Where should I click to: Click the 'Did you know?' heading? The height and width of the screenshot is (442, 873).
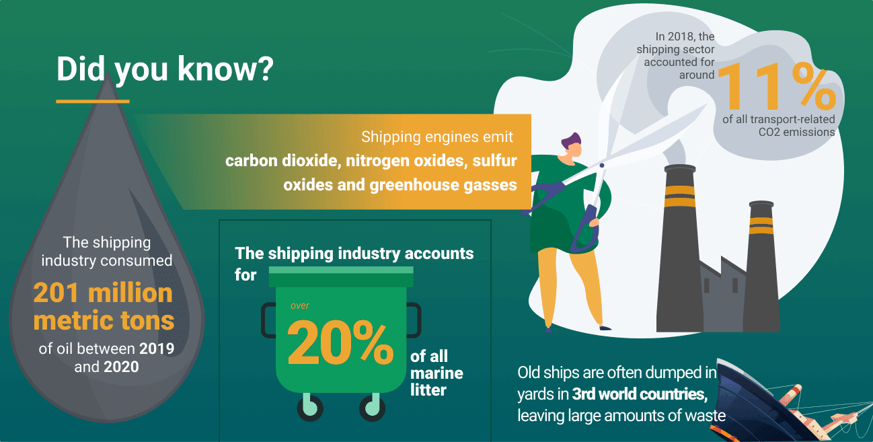coord(165,69)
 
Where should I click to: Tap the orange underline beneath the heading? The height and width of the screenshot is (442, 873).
coord(93,102)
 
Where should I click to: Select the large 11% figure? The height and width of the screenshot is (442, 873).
coord(777,87)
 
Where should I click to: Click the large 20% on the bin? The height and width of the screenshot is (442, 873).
coord(340,342)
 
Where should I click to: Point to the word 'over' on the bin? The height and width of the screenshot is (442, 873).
coord(300,305)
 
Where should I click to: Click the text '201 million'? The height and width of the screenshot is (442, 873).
coord(103,293)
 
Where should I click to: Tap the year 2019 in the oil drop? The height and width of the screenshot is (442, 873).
coord(157,348)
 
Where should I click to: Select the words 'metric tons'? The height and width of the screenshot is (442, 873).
coord(104,320)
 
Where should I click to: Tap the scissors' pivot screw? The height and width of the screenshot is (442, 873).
coord(602,165)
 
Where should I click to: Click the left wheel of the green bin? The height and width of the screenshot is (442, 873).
coord(310,408)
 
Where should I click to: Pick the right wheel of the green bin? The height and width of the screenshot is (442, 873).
coord(372,408)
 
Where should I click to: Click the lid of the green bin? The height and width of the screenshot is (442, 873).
coord(341,277)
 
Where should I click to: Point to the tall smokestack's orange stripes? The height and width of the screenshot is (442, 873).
coord(680,196)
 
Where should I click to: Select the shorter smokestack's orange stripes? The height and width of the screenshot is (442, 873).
coord(761,225)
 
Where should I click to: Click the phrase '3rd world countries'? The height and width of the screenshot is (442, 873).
coord(640,394)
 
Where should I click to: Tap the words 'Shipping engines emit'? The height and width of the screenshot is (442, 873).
coord(437,137)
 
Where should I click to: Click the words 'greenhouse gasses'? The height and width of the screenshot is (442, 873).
coord(443,185)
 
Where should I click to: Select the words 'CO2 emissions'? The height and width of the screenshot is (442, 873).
coord(796,132)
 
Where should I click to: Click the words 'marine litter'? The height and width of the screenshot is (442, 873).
coord(436,381)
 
